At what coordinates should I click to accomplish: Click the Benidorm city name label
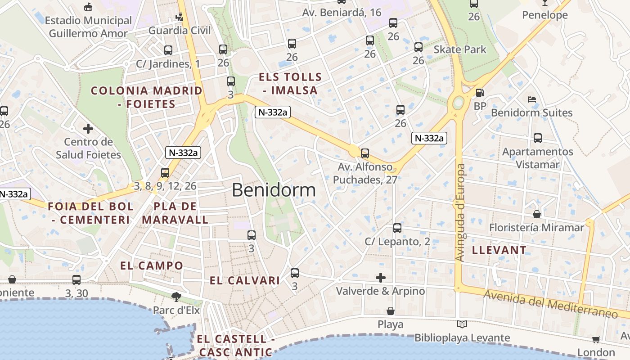coord(274,190)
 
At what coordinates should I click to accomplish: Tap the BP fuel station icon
coord(480,93)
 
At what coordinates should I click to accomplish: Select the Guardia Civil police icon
coord(180,17)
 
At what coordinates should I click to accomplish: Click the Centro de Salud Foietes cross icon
coord(88,129)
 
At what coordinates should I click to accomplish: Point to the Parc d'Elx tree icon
coord(176,297)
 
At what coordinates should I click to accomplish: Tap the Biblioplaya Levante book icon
coord(462,324)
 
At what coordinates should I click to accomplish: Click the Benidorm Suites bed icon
coord(531,99)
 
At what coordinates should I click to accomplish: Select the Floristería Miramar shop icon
coord(536,214)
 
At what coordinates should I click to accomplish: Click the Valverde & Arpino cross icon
coord(381,278)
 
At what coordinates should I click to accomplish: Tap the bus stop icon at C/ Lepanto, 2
coord(397,228)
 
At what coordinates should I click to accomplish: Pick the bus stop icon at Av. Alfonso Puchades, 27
coord(365,153)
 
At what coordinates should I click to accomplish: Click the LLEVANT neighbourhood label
coord(499,250)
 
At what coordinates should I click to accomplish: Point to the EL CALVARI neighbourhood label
coord(245,281)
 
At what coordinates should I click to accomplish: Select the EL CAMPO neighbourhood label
coord(152,265)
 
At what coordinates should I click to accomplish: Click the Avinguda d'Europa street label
coord(460,212)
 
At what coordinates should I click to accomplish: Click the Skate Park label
coord(460,49)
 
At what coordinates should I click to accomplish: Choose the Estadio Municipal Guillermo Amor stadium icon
coord(88,7)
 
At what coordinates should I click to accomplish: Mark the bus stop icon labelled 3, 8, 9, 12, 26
coord(165,172)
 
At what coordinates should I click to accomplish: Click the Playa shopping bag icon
coord(391,311)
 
